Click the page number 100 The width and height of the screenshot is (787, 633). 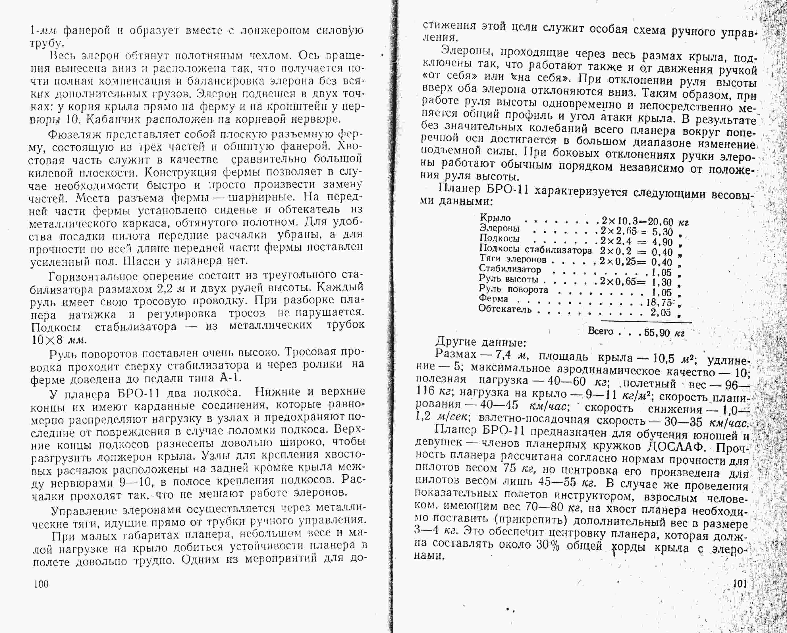point(41,584)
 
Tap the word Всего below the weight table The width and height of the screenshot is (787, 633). point(601,331)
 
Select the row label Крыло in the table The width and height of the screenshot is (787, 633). point(495,218)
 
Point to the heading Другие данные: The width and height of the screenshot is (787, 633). point(481,342)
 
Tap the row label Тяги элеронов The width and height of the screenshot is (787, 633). point(512,259)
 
